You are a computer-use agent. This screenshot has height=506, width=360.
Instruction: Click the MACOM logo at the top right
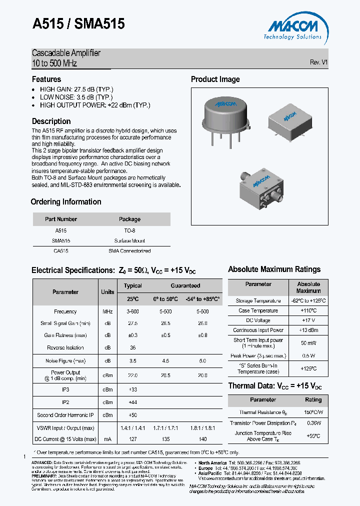coord(293,27)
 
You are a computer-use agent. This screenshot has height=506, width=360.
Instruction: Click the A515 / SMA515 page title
coord(78,24)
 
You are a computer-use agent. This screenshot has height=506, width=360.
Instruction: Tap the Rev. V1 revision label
coord(318,62)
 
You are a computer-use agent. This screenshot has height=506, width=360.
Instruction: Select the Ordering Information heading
coord(66,202)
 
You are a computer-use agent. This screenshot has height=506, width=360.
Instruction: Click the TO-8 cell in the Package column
coord(129,231)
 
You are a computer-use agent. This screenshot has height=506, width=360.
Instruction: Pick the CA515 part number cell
coord(60,251)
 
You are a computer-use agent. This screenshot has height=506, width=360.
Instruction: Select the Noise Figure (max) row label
coord(65,361)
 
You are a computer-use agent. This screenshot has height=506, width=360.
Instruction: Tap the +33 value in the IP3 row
coord(133,389)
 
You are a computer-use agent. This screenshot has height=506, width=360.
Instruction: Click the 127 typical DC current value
coord(133,439)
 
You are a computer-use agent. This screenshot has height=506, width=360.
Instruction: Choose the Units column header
coord(107,292)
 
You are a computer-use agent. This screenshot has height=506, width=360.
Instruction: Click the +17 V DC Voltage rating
coord(308,320)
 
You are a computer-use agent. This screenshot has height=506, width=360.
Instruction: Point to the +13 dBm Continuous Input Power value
coord(308,330)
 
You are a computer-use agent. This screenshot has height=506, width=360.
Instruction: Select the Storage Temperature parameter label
coord(258,301)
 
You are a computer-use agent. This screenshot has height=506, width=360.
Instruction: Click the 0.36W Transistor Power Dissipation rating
coord(313,423)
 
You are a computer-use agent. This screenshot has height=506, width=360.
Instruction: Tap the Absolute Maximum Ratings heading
coord(274,269)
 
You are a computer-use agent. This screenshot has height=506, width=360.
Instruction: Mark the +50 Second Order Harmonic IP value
coord(133,415)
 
